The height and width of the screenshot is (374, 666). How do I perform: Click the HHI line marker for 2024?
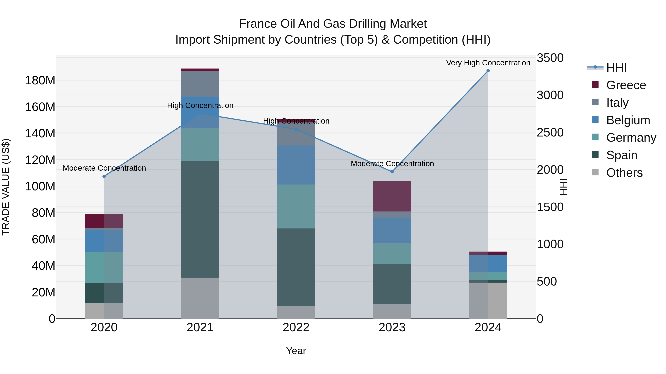coord(488,71)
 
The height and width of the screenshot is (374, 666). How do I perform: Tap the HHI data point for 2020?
coord(104,176)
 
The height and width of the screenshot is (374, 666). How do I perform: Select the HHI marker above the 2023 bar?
coord(392,172)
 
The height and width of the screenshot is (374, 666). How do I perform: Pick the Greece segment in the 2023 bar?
coord(392,196)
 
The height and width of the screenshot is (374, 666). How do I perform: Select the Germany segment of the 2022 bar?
coord(296,206)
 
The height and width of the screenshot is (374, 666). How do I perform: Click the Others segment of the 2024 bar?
coord(488,300)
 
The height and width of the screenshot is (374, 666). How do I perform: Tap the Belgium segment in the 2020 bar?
coord(104,241)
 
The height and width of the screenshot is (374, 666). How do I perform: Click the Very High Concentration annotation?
coord(488,63)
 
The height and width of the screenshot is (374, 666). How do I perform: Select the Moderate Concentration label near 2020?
coord(104,168)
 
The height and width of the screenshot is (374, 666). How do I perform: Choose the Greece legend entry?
coord(626,85)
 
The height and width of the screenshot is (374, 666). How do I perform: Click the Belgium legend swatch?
coord(595,119)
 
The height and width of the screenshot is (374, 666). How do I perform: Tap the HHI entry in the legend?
coord(616,68)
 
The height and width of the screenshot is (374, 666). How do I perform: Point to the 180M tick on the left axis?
coord(40,81)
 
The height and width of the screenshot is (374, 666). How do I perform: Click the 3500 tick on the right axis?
coord(550,58)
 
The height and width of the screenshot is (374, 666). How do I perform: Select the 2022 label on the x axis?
coord(296,327)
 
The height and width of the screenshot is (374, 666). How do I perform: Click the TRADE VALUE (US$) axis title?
coord(6,187)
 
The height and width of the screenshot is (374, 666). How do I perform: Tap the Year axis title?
coord(296,351)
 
